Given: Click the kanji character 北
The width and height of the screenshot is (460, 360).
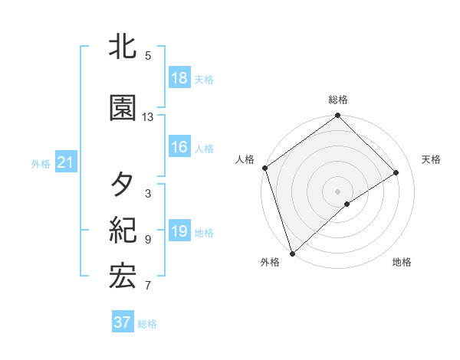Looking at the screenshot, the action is [x=123, y=47].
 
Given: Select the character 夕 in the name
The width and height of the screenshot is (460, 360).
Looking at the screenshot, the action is [x=123, y=185].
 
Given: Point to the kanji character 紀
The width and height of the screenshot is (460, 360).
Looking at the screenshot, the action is [x=123, y=231].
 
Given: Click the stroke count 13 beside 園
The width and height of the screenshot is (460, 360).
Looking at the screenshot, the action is [x=148, y=117].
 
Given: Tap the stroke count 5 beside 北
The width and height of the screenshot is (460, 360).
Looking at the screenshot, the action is [x=148, y=56].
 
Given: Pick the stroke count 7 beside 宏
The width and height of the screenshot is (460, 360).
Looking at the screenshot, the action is [x=148, y=286].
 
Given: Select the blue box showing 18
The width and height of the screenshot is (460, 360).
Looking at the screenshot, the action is [x=179, y=78].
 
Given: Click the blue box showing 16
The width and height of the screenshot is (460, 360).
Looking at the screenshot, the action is [x=179, y=147].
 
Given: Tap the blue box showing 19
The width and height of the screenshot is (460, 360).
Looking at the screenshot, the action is [x=179, y=231].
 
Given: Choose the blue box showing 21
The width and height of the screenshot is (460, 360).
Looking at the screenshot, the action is [x=65, y=162].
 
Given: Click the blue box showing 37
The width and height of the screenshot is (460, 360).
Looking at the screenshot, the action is [x=122, y=322].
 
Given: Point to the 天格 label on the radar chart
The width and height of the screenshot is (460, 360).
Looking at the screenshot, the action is [x=431, y=159].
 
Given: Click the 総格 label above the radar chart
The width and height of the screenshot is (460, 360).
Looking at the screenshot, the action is [x=337, y=100].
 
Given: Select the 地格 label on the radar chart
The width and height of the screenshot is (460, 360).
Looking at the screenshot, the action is [x=402, y=263].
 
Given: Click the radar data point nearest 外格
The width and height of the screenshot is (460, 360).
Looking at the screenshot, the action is [x=292, y=253].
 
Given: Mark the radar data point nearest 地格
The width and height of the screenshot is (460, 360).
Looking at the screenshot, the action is [x=347, y=204].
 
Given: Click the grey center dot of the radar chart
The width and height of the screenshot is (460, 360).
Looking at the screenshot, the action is [x=337, y=190].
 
